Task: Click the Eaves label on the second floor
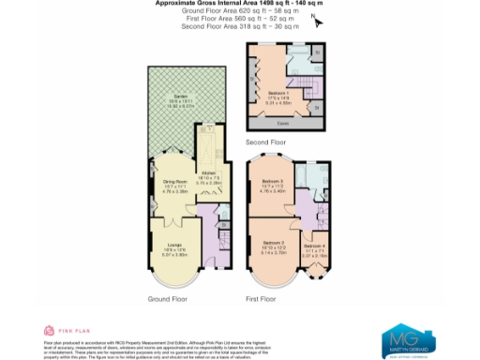point(281,123)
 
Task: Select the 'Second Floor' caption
point(264,142)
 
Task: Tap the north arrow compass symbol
point(319,22)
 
